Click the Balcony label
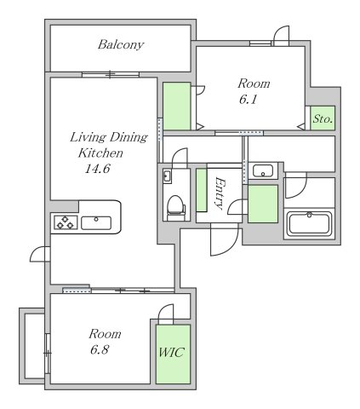coord(121,44)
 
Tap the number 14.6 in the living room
coord(97,169)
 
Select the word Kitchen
coord(100,153)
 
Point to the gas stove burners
coord(66,222)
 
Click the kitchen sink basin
coord(96,223)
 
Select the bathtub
coord(309,224)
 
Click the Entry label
coord(220,193)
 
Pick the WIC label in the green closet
coord(172,352)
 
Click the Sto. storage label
coord(323,118)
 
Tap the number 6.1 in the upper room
coord(249,100)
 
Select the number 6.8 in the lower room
coord(100,349)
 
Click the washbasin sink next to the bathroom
coord(263,171)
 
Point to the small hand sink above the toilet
coord(167,176)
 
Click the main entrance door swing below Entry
coord(224,240)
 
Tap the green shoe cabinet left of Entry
coord(202,190)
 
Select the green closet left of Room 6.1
coord(176,107)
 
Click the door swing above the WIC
coord(166,314)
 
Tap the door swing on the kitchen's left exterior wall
coord(40,255)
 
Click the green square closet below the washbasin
coord(263,204)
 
